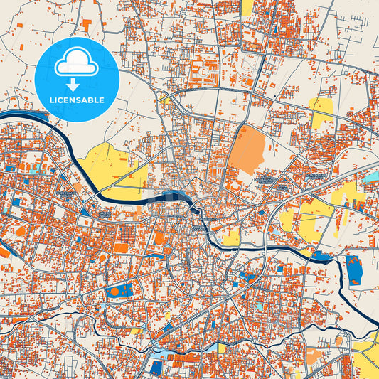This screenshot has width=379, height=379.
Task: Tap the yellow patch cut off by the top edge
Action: point(247,7)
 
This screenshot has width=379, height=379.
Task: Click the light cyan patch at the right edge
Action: point(372,175)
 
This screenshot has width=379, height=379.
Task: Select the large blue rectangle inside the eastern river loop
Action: point(353,268)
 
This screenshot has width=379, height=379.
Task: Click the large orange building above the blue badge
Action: point(86,25)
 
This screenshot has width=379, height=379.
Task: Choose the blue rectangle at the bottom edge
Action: point(156,368)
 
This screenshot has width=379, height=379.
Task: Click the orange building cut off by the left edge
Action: point(4,252)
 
